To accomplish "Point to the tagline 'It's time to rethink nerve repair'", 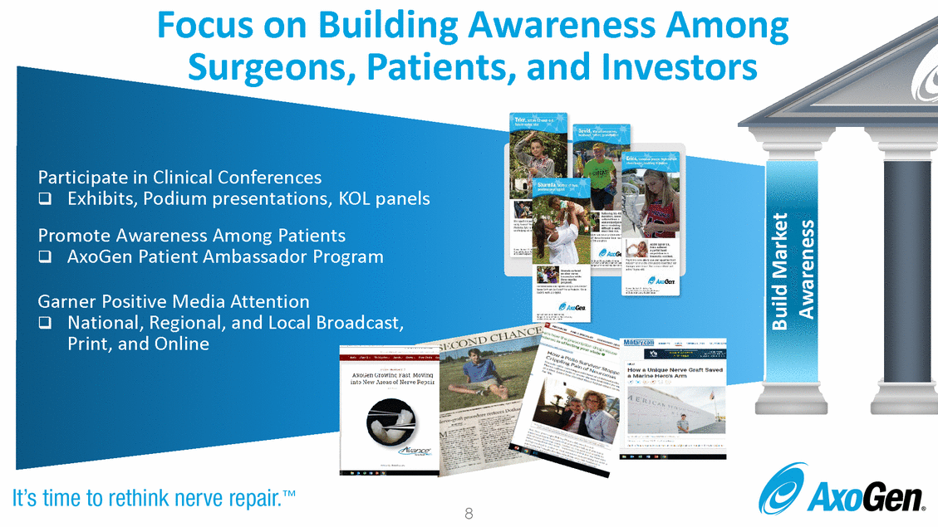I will point(155,499).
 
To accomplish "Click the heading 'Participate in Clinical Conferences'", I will point(179,178).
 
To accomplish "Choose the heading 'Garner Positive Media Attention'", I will point(174,301).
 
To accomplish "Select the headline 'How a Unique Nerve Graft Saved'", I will point(675,370).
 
